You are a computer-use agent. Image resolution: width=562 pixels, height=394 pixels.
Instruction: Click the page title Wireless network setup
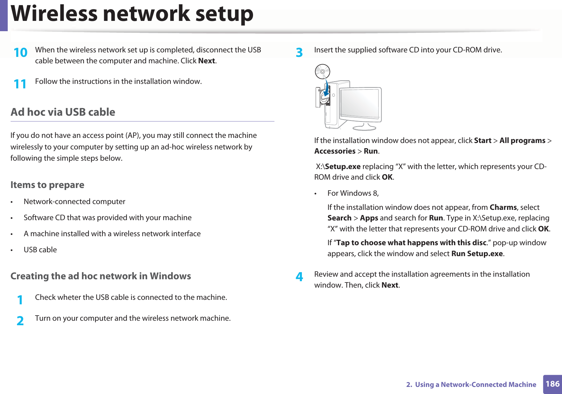coord(132,14)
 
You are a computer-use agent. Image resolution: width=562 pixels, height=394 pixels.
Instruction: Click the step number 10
coord(21,53)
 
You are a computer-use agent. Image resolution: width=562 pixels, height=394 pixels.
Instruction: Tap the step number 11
coord(20,84)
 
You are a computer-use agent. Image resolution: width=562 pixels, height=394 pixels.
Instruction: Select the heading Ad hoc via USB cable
coord(63,112)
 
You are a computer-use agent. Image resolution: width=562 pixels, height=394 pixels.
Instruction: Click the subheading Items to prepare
coord(47,185)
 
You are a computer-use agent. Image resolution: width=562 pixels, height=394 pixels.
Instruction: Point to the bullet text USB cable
coord(40,250)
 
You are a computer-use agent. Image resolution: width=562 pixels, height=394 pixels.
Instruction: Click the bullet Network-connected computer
coord(74,201)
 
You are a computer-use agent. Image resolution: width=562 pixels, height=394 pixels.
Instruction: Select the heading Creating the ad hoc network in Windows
coord(101,276)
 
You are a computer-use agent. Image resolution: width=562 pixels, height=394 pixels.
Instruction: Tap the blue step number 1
coord(20,300)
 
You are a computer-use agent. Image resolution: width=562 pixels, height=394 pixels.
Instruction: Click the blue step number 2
coord(20,321)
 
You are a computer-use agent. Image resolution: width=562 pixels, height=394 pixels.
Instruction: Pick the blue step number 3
coord(299,53)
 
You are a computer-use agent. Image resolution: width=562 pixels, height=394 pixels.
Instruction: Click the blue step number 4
coord(299,277)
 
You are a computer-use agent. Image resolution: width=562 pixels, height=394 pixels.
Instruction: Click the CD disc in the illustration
coord(322,72)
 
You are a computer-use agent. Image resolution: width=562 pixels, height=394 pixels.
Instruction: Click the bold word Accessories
coord(335,151)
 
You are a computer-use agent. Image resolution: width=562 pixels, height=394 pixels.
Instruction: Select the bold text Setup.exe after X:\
coord(343,166)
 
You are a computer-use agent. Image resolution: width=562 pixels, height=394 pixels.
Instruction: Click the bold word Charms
coord(503,207)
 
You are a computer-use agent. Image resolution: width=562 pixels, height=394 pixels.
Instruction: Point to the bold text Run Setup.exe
coord(477,254)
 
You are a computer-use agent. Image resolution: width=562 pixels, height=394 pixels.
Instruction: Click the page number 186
coord(552,384)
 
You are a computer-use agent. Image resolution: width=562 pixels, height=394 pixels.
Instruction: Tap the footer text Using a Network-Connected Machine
coord(476,385)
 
